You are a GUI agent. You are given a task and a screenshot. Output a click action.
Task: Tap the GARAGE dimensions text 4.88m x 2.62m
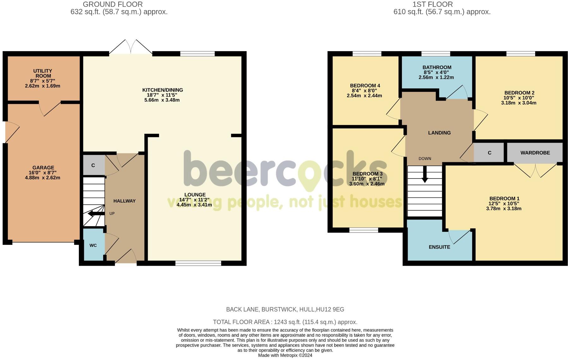[x=43, y=178]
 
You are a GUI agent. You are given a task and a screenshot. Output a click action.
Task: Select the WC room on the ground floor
[x=93, y=245]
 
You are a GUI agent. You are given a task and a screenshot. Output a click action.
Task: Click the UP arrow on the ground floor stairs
[x=96, y=214]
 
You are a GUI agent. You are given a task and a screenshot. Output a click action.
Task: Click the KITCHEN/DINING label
[x=163, y=90]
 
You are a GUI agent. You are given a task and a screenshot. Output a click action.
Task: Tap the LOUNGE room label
[x=195, y=195]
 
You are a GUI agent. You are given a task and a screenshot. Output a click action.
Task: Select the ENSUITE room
[x=439, y=247]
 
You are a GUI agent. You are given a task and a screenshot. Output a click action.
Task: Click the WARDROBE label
[x=535, y=153]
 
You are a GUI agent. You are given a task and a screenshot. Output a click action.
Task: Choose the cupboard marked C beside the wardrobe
[x=489, y=153]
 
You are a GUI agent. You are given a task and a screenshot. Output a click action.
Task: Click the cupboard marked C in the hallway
[x=93, y=165]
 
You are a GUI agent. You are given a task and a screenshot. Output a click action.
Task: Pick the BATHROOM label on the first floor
[x=437, y=67]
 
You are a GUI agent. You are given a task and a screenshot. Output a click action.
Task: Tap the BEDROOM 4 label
[x=365, y=86]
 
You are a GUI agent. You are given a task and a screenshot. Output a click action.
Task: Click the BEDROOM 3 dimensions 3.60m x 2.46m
[x=367, y=184]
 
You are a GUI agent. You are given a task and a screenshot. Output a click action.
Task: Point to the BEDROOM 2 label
[x=519, y=93]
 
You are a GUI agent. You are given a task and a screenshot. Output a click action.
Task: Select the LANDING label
[x=439, y=133]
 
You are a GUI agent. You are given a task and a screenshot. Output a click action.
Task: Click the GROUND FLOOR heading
[x=113, y=4]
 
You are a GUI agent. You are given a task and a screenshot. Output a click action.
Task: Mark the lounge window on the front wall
[x=198, y=263]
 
